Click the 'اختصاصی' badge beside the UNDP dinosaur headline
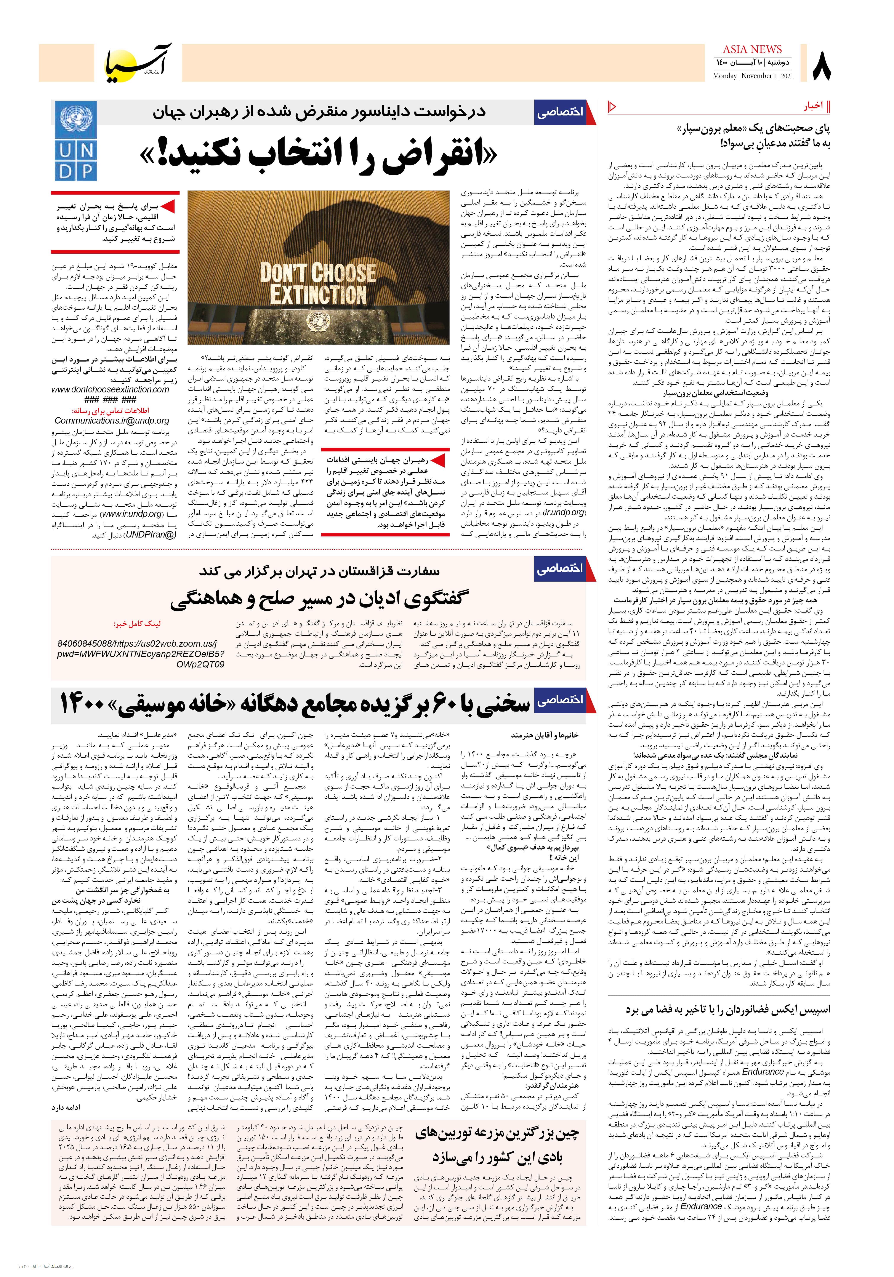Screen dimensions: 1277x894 point(560,112)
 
